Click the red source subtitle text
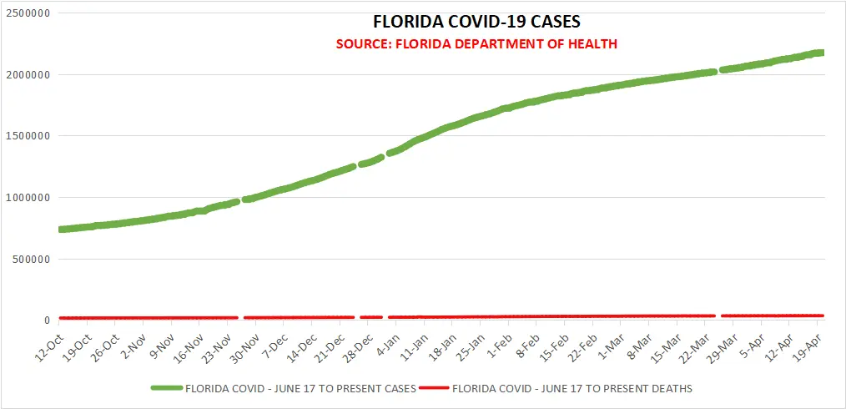tap(476, 43)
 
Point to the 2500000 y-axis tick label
tap(26, 14)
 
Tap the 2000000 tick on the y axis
tap(26, 75)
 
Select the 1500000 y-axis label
tap(26, 136)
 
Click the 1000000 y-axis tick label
tap(26, 198)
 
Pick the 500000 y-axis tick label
tap(29, 259)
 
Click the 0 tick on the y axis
tap(46, 321)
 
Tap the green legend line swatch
tap(167, 388)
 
